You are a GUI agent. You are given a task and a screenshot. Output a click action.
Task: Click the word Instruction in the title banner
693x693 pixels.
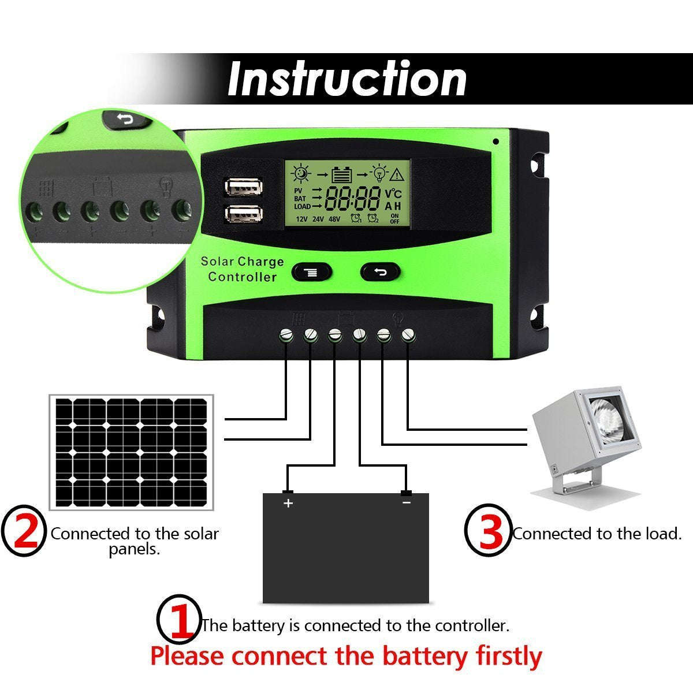(x=347, y=79)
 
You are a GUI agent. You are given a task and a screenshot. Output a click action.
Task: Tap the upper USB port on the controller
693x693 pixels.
(x=243, y=187)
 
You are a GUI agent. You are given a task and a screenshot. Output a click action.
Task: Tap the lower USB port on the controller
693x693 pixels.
(x=243, y=214)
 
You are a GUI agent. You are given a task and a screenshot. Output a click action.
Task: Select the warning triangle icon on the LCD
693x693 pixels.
(x=397, y=174)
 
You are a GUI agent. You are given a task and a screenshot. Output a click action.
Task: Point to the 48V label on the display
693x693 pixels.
(x=334, y=219)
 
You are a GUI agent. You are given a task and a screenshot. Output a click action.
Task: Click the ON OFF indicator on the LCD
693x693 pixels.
(x=394, y=219)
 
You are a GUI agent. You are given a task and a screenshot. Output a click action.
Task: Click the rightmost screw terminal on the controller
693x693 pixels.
(x=408, y=334)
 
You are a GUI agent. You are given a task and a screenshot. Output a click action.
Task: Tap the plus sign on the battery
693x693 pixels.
(x=288, y=503)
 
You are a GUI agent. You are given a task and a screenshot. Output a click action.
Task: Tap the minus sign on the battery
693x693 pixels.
(x=407, y=502)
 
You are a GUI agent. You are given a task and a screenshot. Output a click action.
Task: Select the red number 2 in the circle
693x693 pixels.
(x=24, y=531)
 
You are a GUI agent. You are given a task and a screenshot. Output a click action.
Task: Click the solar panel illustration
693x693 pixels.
(x=131, y=452)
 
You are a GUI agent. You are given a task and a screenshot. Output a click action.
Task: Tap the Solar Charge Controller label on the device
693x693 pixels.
(x=243, y=269)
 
